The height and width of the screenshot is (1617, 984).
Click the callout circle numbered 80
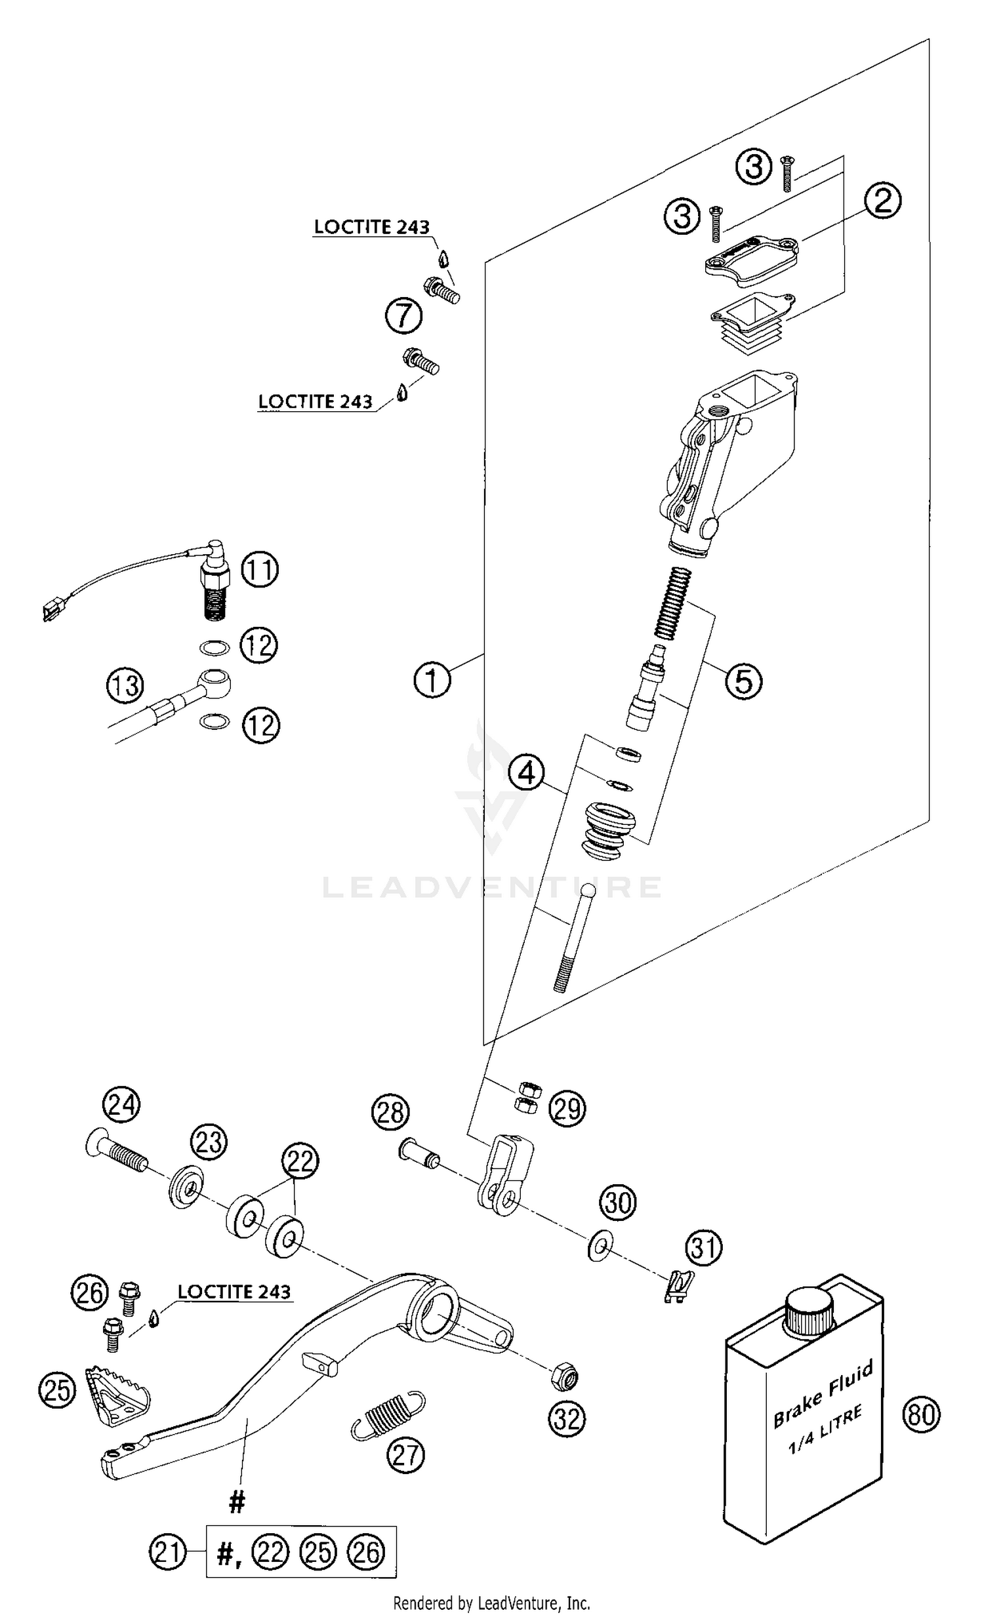click(x=921, y=1414)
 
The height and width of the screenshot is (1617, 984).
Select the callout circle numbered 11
click(x=260, y=570)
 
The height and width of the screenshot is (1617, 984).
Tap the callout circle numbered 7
click(x=403, y=316)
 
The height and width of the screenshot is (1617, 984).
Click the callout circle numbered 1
click(x=432, y=680)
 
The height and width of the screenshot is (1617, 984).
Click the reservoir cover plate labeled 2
click(x=752, y=261)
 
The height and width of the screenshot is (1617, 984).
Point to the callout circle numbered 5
click(x=743, y=680)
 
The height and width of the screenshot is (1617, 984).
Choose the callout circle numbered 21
click(x=168, y=1551)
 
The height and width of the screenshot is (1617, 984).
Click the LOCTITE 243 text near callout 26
click(x=234, y=1291)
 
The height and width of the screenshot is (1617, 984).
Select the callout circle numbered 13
click(x=125, y=686)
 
